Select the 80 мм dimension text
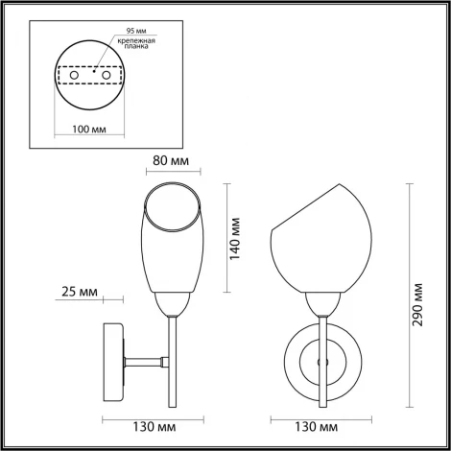point(174,162)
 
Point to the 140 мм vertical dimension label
point(237,239)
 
